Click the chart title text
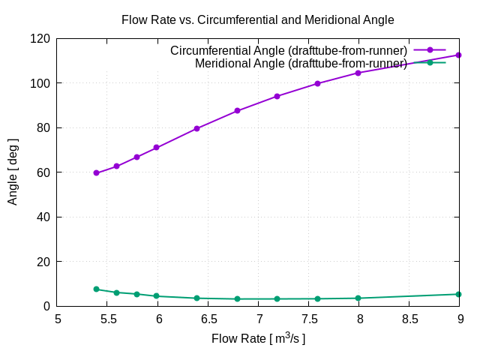pyautogui.click(x=257, y=20)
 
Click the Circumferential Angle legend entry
pyautogui.click(x=289, y=50)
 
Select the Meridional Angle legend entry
pyautogui.click(x=301, y=63)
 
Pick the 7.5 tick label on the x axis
pyautogui.click(x=308, y=319)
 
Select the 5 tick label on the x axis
pyautogui.click(x=58, y=319)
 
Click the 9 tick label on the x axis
pyautogui.click(x=459, y=319)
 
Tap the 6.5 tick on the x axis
pyautogui.click(x=208, y=319)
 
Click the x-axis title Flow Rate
pyautogui.click(x=258, y=339)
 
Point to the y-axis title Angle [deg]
pyautogui.click(x=13, y=172)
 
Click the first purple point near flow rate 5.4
pyautogui.click(x=96, y=172)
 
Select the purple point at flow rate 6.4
pyautogui.click(x=196, y=128)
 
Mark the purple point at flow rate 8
pyautogui.click(x=358, y=73)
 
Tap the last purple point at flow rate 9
pyautogui.click(x=458, y=55)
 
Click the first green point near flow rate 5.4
pyautogui.click(x=96, y=289)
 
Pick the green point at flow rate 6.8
pyautogui.click(x=237, y=298)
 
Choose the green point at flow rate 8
pyautogui.click(x=358, y=298)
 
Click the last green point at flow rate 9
pyautogui.click(x=458, y=294)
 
